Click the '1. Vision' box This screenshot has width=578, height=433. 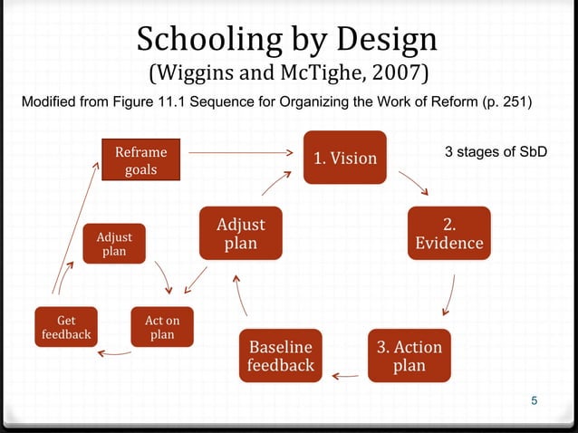pyautogui.click(x=345, y=158)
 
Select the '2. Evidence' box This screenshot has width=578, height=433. pyautogui.click(x=448, y=233)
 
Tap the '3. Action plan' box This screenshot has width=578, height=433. pyautogui.click(x=409, y=356)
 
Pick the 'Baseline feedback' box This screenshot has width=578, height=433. pyautogui.click(x=282, y=356)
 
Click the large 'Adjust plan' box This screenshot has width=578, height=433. pyautogui.click(x=240, y=233)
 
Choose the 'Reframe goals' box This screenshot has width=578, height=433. pyautogui.click(x=140, y=160)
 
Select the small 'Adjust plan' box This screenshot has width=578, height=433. pyautogui.click(x=114, y=243)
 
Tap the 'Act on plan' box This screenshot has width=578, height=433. pyautogui.click(x=162, y=327)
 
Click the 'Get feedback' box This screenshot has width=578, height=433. pyautogui.click(x=66, y=327)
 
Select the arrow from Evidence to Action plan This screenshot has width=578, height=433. pyautogui.click(x=450, y=293)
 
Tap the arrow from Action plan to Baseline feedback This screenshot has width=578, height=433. pyautogui.click(x=345, y=373)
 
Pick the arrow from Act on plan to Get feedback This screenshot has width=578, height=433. pyautogui.click(x=115, y=352)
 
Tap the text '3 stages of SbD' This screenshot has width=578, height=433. pyautogui.click(x=496, y=151)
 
